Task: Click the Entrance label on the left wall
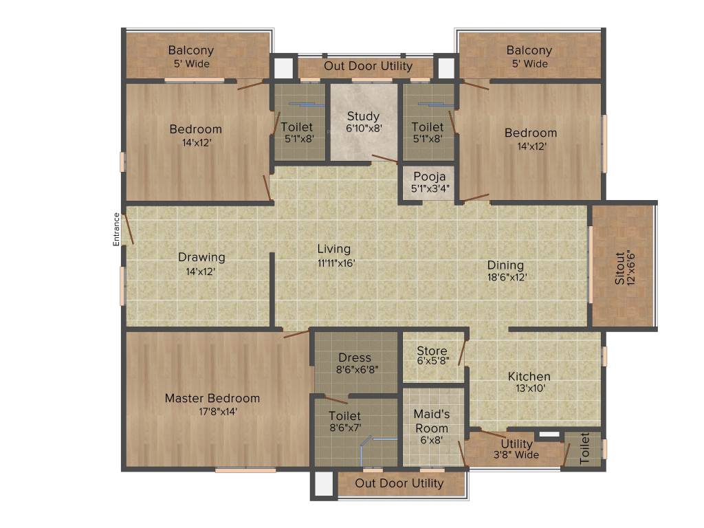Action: tap(117, 229)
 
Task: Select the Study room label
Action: tap(363, 116)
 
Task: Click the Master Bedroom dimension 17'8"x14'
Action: tap(212, 411)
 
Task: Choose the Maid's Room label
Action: tap(432, 415)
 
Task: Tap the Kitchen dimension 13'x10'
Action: tap(529, 388)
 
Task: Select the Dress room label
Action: tap(355, 357)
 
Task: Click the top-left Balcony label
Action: tap(191, 50)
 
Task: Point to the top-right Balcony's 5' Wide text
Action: tap(529, 64)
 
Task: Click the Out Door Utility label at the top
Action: tap(368, 66)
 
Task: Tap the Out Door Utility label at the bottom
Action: tap(399, 483)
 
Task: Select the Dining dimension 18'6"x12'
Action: tap(505, 278)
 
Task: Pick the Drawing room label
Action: tap(201, 257)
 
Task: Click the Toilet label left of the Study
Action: tap(296, 127)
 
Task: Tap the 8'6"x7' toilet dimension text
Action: tap(344, 428)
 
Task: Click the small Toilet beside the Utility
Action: tap(584, 448)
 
